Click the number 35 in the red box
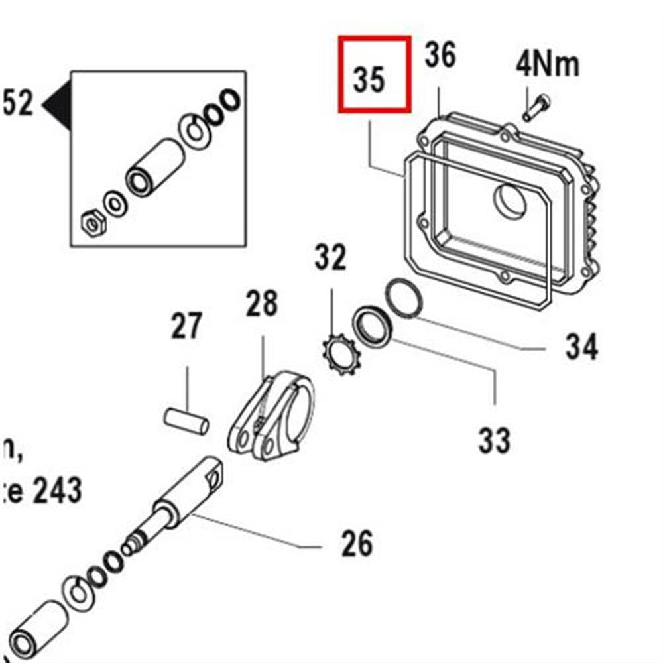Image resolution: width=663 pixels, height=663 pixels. click(369, 79)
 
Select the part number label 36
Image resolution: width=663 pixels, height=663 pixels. click(440, 55)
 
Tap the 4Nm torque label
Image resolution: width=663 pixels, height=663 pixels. click(548, 65)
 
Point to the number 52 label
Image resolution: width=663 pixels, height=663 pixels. click(17, 103)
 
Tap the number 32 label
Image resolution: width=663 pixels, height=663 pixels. click(330, 257)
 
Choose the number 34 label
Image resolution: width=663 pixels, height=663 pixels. click(581, 347)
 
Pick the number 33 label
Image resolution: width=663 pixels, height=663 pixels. click(495, 440)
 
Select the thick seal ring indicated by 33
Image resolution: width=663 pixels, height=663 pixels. click(373, 326)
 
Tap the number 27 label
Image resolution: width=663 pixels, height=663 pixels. click(186, 327)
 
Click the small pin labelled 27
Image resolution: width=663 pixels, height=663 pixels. click(187, 421)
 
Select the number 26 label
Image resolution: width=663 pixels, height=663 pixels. click(357, 544)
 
